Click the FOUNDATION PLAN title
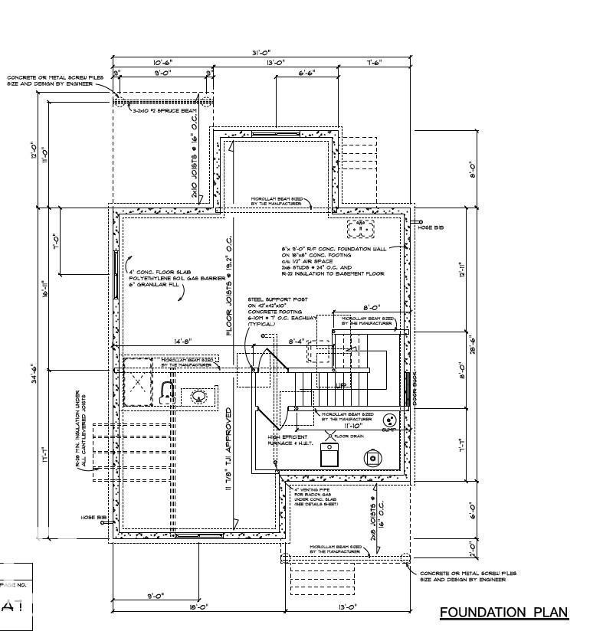click(x=503, y=612)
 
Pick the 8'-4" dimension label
click(x=297, y=342)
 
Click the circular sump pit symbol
click(x=388, y=421)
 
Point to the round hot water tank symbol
click(x=373, y=458)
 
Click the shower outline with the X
click(x=138, y=381)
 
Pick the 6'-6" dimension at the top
click(x=306, y=73)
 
